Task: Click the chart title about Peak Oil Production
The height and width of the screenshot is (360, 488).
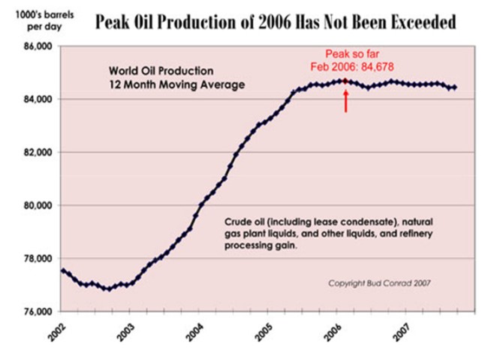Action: pos(275,22)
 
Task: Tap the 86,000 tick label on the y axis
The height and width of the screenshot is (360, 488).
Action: pos(35,46)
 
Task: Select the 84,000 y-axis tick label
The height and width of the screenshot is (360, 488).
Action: pos(35,99)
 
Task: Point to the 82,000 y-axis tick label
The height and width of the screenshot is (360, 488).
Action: pos(35,152)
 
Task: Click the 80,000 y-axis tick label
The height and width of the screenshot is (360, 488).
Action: pos(35,205)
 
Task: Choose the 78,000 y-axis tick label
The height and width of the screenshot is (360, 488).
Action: pos(35,259)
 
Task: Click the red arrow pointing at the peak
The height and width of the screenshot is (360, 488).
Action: pos(346,100)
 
